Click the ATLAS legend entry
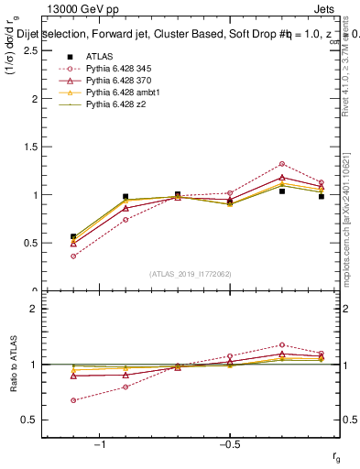pyautogui.click(x=98, y=57)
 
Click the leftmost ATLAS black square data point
pyautogui.click(x=72, y=236)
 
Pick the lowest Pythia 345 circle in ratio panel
pyautogui.click(x=72, y=400)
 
